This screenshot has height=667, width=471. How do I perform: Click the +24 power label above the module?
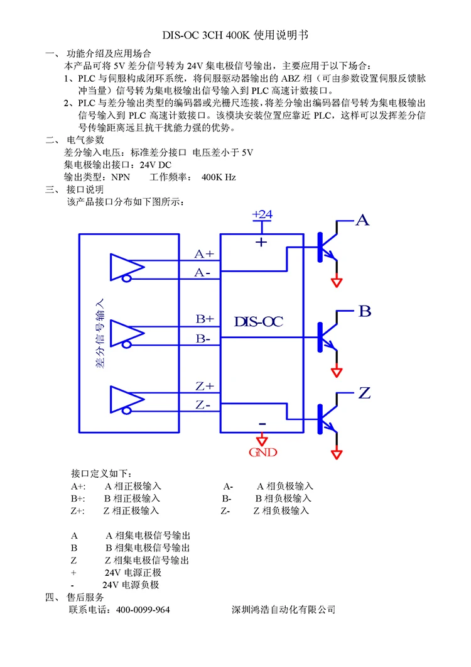tap(262, 214)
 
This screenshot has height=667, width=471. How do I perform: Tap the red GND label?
tap(263, 453)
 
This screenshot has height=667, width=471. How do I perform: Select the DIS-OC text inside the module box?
tap(259, 322)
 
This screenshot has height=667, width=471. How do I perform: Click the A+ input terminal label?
tap(204, 254)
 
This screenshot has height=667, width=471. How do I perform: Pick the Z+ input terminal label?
tap(205, 386)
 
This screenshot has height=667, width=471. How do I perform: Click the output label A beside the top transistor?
tap(363, 220)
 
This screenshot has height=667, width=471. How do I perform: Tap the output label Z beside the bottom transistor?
tap(364, 394)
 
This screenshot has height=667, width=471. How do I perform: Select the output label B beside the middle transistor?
tap(365, 311)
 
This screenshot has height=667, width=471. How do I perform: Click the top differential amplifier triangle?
tap(125, 267)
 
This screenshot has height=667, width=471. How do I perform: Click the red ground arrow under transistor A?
tap(338, 282)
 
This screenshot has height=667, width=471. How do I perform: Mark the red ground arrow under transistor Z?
tap(338, 453)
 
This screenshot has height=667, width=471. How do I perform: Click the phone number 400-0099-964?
tap(143, 610)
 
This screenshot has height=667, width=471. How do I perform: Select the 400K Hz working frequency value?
tap(219, 177)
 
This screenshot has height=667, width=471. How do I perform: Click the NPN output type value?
tap(120, 177)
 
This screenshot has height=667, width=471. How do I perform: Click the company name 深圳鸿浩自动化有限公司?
tap(284, 610)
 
